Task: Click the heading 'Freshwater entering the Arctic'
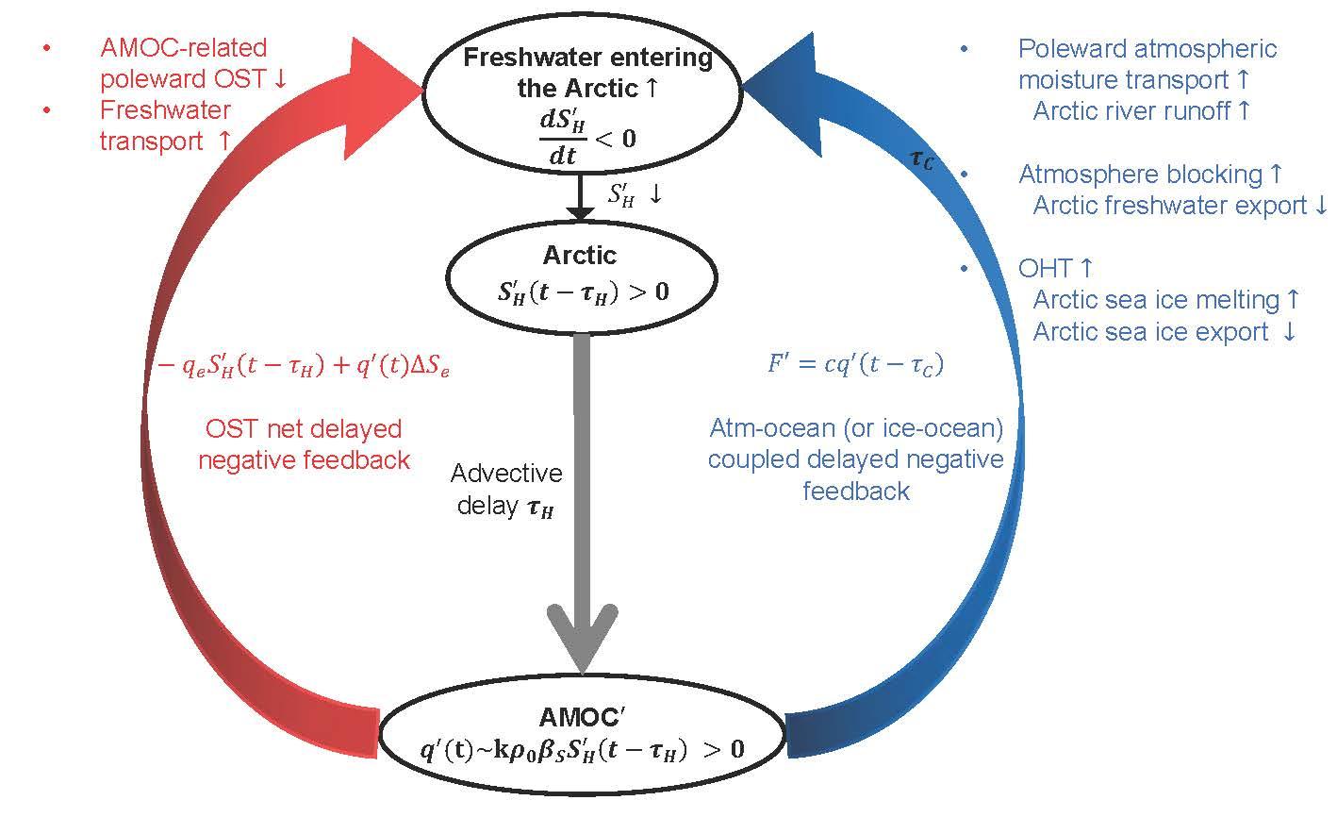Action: pos(586,73)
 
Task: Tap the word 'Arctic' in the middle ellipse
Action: pos(579,255)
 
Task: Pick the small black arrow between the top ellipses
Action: pos(582,198)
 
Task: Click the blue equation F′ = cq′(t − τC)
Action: pos(854,364)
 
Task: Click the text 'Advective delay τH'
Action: pos(506,490)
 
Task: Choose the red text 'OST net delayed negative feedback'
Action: pos(304,444)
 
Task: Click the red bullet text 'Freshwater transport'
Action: pos(165,125)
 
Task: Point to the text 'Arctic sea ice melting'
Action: pos(1156,300)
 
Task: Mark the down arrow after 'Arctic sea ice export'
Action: pos(1289,333)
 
